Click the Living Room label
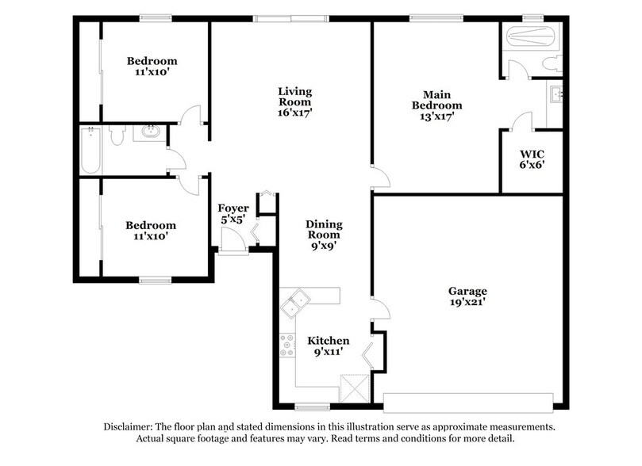tap(294, 101)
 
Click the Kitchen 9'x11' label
tap(329, 346)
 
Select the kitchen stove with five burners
tap(286, 346)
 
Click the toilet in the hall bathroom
tap(117, 138)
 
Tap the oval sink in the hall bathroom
tap(148, 132)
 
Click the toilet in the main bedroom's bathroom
tap(554, 63)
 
